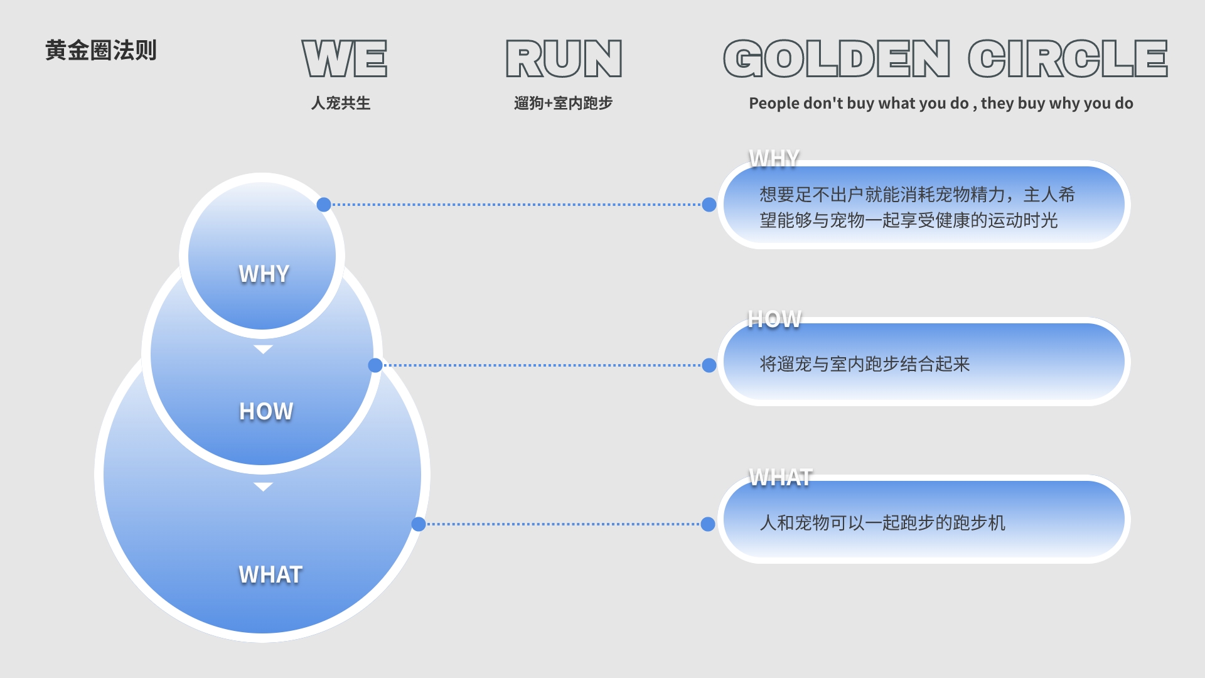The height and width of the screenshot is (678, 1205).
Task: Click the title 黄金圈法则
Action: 100,50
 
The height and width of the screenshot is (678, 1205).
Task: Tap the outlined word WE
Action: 344,59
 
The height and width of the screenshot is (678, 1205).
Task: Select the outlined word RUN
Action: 564,59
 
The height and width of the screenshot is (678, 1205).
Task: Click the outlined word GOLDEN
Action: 837,59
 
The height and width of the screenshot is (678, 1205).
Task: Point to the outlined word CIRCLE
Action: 1067,59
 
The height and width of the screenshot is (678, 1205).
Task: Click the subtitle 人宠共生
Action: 341,103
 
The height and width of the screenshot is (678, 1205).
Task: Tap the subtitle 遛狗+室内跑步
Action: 563,103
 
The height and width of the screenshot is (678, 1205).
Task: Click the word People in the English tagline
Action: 774,104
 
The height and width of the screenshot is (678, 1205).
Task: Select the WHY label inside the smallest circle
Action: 264,274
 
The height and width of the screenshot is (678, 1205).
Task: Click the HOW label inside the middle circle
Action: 266,412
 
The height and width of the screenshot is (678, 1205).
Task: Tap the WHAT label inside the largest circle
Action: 270,575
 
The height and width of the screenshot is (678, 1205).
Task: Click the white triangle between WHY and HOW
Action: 263,349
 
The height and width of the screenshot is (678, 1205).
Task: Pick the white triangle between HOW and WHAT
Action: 263,487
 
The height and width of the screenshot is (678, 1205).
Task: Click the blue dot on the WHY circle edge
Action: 324,205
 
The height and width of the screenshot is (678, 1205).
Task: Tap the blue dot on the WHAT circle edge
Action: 419,524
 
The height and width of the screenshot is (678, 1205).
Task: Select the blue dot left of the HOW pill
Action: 709,365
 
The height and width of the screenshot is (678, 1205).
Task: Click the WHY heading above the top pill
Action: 774,159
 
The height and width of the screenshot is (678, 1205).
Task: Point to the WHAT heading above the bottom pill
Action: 781,478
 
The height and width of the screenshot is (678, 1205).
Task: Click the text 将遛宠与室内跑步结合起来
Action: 864,364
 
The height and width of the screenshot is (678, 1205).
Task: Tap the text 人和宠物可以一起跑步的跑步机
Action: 882,523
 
